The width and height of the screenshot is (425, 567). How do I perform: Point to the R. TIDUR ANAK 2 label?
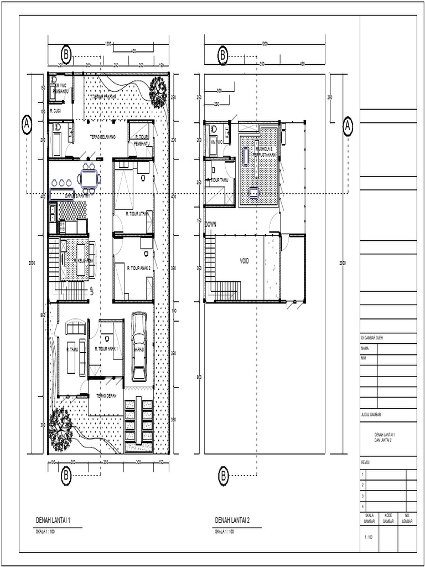click(138, 268)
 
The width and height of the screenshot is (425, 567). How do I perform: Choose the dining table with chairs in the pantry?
click(89, 178)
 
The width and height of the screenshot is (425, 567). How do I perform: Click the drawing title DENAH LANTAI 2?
click(232, 520)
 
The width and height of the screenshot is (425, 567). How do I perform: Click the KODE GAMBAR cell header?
click(388, 519)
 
